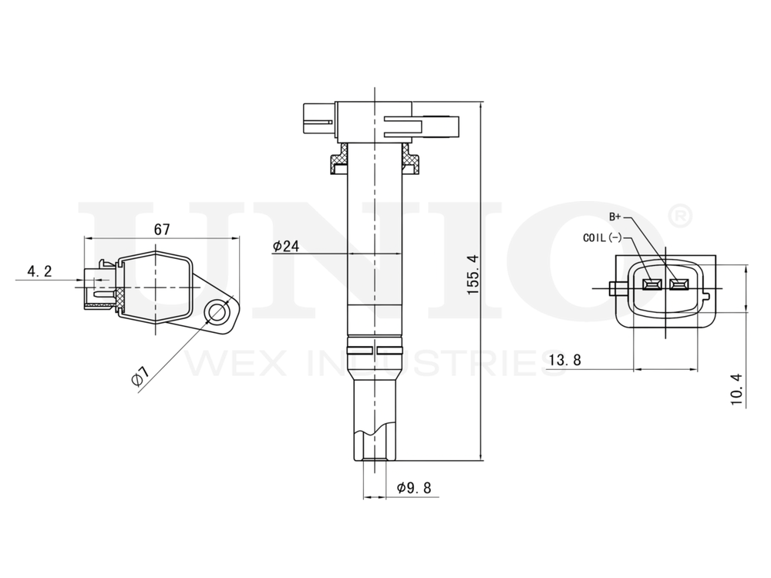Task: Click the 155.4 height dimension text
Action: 473,273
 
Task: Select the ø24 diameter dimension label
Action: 285,246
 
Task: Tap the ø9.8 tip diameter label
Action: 413,487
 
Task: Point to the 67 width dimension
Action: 162,229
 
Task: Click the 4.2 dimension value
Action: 39,271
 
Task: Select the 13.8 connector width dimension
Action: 565,358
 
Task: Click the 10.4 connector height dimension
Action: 736,388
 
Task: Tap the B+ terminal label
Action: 615,217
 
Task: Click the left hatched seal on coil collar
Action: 338,163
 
